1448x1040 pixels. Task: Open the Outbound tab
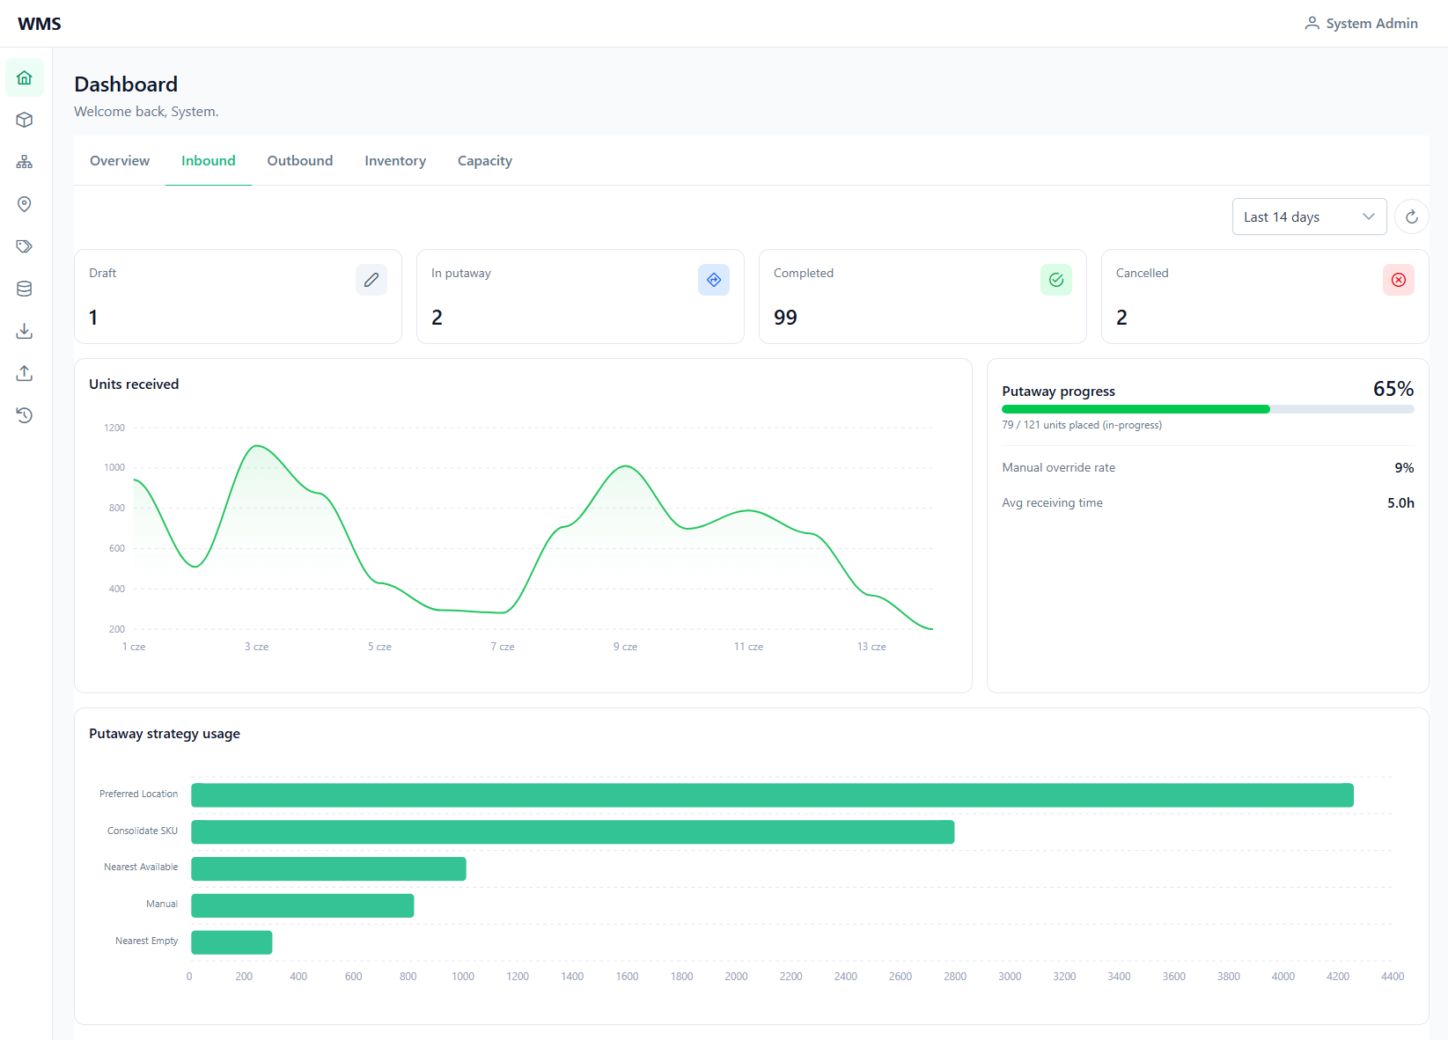point(300,161)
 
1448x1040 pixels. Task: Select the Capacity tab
point(485,161)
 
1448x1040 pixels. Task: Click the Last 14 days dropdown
point(1309,217)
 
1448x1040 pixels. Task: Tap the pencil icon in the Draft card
point(371,280)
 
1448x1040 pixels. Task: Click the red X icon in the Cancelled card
point(1398,280)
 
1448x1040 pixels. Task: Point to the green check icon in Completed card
point(1056,280)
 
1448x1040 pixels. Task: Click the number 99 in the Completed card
point(785,317)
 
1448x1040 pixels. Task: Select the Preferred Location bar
point(772,795)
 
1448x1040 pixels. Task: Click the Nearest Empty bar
point(232,942)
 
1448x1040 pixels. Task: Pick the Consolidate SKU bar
point(573,832)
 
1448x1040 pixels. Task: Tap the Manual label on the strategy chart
point(162,904)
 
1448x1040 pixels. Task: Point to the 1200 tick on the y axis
point(114,428)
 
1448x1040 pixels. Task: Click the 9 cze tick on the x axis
point(625,647)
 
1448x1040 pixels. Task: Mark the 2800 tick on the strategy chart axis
point(955,977)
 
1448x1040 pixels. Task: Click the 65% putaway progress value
point(1393,389)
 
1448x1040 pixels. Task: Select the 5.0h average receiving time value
point(1400,502)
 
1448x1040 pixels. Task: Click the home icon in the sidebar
point(25,77)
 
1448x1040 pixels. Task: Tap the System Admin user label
point(1371,23)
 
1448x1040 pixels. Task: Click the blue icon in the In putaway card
point(714,280)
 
